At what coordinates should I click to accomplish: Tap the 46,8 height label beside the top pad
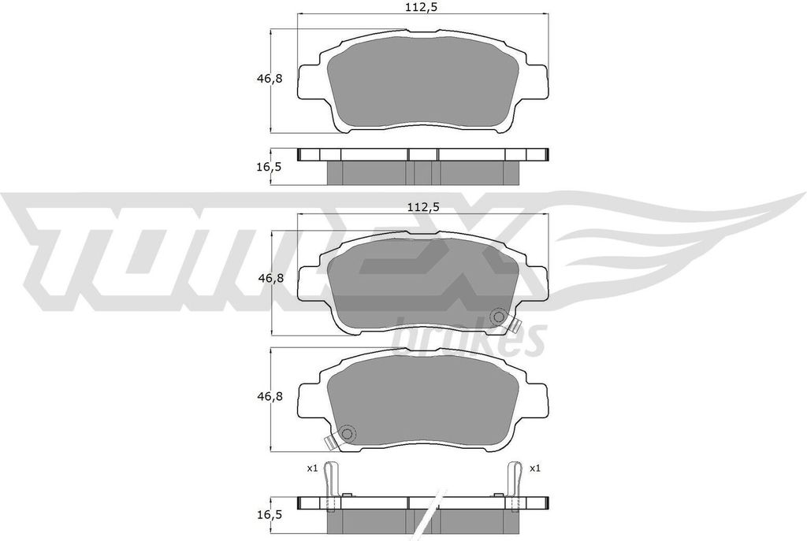270,79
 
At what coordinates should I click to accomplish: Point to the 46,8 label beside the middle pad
270,278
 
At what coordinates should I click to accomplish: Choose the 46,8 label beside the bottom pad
270,396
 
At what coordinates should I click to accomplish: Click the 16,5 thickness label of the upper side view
269,167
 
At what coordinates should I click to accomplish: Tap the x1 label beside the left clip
312,469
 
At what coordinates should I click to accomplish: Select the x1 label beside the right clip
535,469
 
